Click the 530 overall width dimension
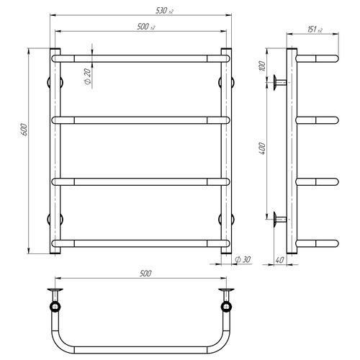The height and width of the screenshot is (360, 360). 164,11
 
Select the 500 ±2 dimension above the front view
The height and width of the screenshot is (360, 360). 146,27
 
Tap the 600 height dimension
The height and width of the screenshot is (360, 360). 24,130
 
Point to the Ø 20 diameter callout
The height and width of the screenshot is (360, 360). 88,76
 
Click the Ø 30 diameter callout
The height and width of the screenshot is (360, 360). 243,259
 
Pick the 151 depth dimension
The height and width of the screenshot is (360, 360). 315,30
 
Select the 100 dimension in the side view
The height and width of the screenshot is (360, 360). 263,66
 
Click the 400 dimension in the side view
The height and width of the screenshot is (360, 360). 263,148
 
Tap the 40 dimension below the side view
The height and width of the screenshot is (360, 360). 279,260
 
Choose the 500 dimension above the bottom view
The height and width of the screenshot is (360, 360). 145,274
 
